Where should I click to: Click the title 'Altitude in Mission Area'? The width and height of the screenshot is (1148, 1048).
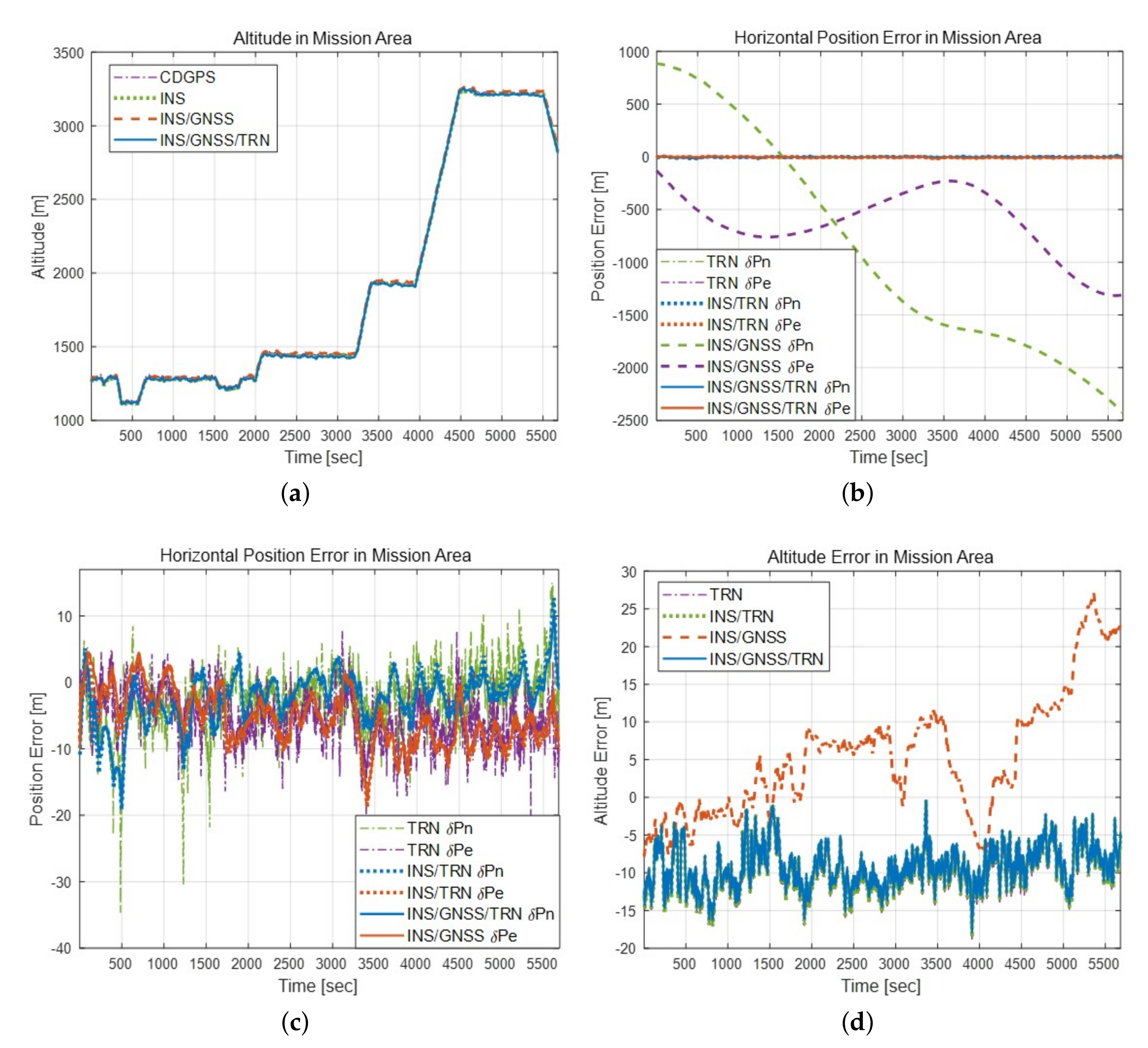pos(322,38)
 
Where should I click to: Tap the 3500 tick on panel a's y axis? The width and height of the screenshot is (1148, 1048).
pos(68,53)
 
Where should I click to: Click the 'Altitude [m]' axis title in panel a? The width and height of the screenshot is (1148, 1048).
pos(38,237)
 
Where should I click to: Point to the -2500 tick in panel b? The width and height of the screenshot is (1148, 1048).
pos(631,421)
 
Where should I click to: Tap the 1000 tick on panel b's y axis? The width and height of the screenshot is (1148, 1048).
pos(634,52)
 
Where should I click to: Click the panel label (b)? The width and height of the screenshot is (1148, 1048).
pos(857,493)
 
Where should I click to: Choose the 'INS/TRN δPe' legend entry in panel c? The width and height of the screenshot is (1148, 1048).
pos(455,892)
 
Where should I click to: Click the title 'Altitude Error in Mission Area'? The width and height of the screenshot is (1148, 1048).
pos(880,557)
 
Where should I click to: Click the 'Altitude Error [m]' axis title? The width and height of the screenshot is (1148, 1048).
pos(601,761)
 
